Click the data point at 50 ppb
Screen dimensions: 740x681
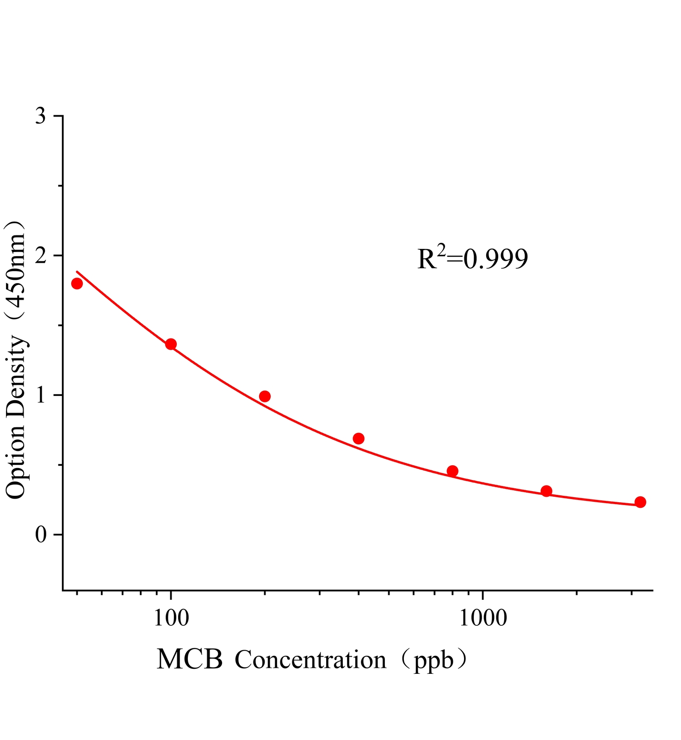click(x=77, y=284)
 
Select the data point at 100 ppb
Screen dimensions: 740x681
click(x=171, y=344)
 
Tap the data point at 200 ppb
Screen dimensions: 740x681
click(x=265, y=396)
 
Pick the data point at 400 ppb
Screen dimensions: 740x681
click(x=359, y=438)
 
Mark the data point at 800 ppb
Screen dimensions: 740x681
click(x=452, y=471)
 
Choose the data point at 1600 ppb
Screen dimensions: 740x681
click(x=546, y=491)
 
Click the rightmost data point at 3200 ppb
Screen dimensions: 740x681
click(x=640, y=502)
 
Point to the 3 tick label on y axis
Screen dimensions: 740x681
click(x=41, y=116)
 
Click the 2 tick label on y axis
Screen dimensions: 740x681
click(x=41, y=256)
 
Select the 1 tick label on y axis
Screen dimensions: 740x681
click(x=41, y=395)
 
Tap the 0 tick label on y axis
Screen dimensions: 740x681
click(x=41, y=535)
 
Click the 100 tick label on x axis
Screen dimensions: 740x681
click(x=171, y=618)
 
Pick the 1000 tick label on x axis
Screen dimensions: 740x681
click(x=483, y=618)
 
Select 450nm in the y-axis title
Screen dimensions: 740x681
click(x=16, y=273)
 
